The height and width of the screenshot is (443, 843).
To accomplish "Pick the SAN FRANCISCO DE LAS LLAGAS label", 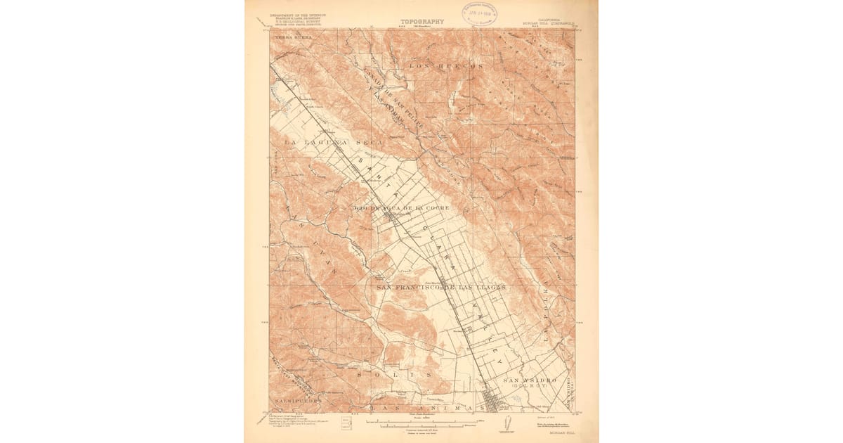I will (441, 288).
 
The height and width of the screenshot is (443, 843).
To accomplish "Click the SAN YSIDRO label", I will (525, 380).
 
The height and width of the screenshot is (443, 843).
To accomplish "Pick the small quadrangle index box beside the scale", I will (346, 423).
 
